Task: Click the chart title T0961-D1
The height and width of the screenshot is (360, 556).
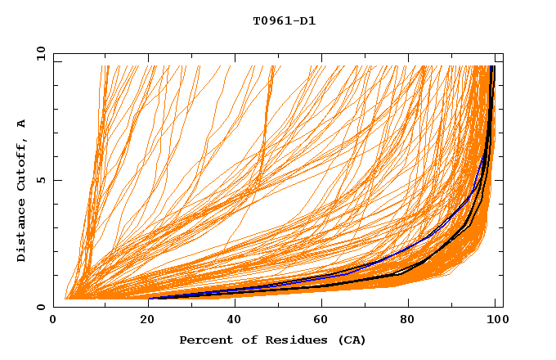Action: (284, 21)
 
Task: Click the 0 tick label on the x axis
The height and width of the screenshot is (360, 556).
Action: (54, 320)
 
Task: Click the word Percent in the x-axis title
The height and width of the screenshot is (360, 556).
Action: (204, 340)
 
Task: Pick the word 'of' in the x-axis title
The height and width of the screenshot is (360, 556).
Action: (248, 340)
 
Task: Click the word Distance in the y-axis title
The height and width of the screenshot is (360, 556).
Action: (22, 230)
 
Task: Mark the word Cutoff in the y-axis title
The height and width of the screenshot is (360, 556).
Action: (22, 161)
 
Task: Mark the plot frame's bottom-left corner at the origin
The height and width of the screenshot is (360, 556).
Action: (54, 307)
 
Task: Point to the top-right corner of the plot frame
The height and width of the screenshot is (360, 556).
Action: (503, 54)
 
